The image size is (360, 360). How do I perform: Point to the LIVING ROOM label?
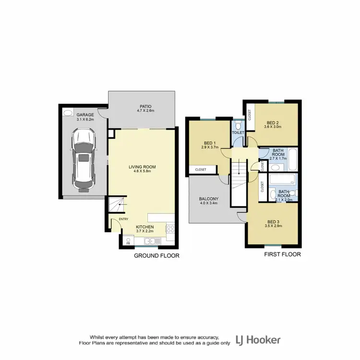pos(142,167)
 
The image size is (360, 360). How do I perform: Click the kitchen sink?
pos(150,241)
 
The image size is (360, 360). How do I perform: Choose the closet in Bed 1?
pos(201,169)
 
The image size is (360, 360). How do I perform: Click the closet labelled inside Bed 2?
pos(250,115)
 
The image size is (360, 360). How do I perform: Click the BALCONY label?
pos(209,199)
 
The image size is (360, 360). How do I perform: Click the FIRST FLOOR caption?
pos(283,254)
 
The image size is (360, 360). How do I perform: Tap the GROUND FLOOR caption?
pos(156,256)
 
